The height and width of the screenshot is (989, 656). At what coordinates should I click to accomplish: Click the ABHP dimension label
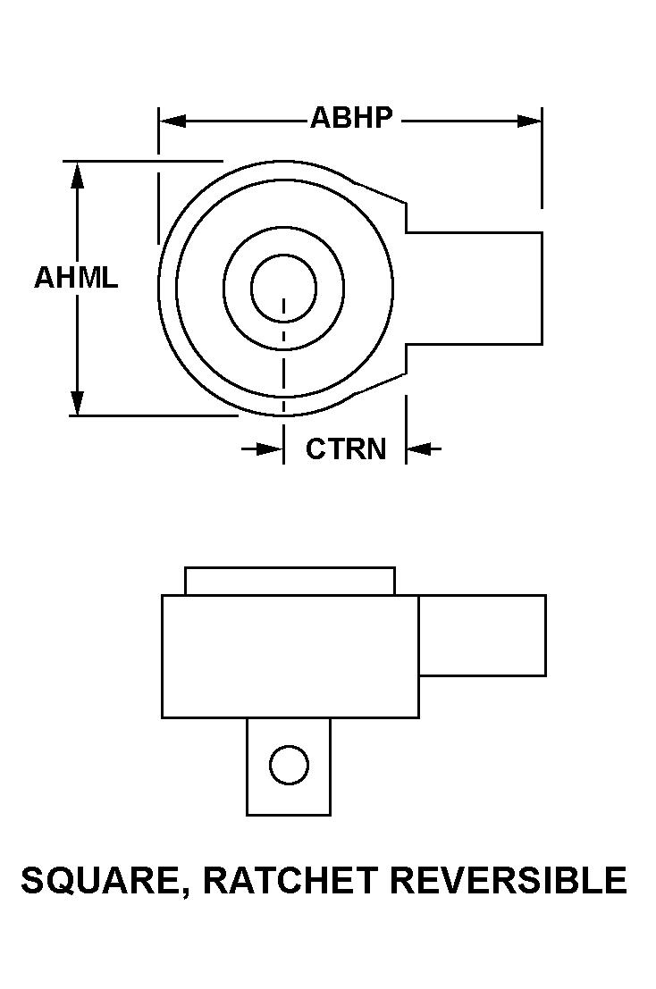pyautogui.click(x=351, y=118)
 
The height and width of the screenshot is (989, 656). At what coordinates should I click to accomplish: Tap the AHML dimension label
pyautogui.click(x=76, y=278)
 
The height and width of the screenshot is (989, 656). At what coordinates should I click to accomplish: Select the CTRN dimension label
pyautogui.click(x=346, y=449)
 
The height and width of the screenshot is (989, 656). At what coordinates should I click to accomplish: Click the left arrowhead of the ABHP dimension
pyautogui.click(x=172, y=121)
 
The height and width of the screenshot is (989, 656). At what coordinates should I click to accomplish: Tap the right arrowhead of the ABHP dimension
pyautogui.click(x=529, y=121)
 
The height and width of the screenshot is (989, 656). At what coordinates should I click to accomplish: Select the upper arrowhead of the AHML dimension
pyautogui.click(x=77, y=175)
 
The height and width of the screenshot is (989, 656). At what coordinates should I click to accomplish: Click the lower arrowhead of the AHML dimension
pyautogui.click(x=77, y=403)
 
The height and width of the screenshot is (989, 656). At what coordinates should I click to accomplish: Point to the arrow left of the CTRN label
pyautogui.click(x=263, y=449)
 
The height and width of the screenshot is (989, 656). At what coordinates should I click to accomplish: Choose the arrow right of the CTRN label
pyautogui.click(x=424, y=449)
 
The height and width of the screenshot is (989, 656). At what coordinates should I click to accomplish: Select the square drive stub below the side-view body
pyautogui.click(x=289, y=767)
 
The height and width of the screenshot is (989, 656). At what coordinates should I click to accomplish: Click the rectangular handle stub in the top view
pyautogui.click(x=474, y=289)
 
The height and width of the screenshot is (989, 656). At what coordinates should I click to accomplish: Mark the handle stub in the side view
pyautogui.click(x=483, y=636)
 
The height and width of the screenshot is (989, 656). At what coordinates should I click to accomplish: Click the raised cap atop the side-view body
pyautogui.click(x=290, y=581)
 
